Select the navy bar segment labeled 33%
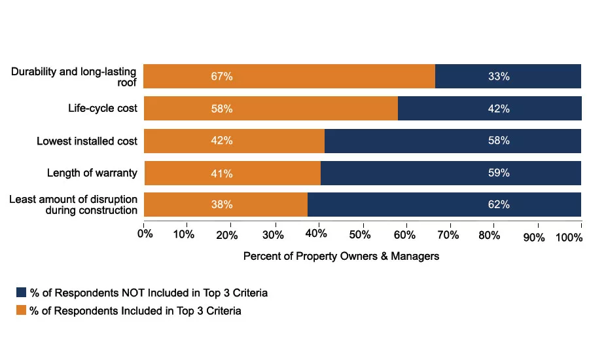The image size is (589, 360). pos(508,76)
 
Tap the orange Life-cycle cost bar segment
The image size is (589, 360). pos(270,109)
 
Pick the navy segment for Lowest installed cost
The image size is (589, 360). pos(453,141)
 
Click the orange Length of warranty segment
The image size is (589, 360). pos(232,173)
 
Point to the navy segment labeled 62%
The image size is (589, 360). pos(444,205)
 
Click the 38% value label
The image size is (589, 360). pos(222,205)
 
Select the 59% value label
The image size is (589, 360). pos(499,173)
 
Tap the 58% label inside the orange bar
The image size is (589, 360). pos(222,109)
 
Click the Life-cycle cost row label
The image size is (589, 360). pos(103,108)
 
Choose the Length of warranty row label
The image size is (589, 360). pos(92,173)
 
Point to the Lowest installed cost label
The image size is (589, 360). pos(87,141)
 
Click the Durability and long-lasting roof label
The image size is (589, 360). pos(74,76)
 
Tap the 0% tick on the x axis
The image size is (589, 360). pos(145,234)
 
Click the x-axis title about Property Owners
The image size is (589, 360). pos(341,257)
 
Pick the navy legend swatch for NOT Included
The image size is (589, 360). pos(22,293)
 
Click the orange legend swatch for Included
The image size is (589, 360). pos(22,311)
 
